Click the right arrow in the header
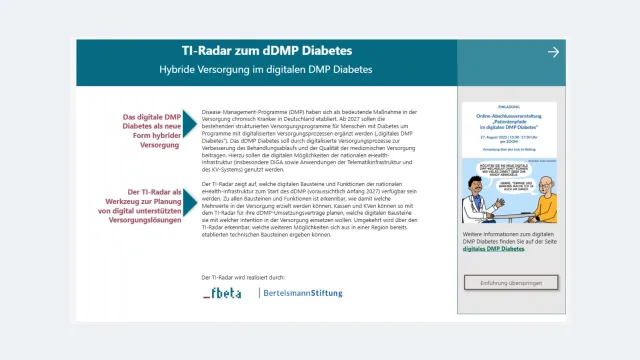pyautogui.click(x=553, y=52)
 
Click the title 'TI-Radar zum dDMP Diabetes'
pyautogui.click(x=265, y=49)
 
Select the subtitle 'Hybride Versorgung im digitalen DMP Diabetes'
pyautogui.click(x=265, y=70)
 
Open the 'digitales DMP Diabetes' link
pyautogui.click(x=494, y=248)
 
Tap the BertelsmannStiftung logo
pyautogui.click(x=301, y=293)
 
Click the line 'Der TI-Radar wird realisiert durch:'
pyautogui.click(x=243, y=276)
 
